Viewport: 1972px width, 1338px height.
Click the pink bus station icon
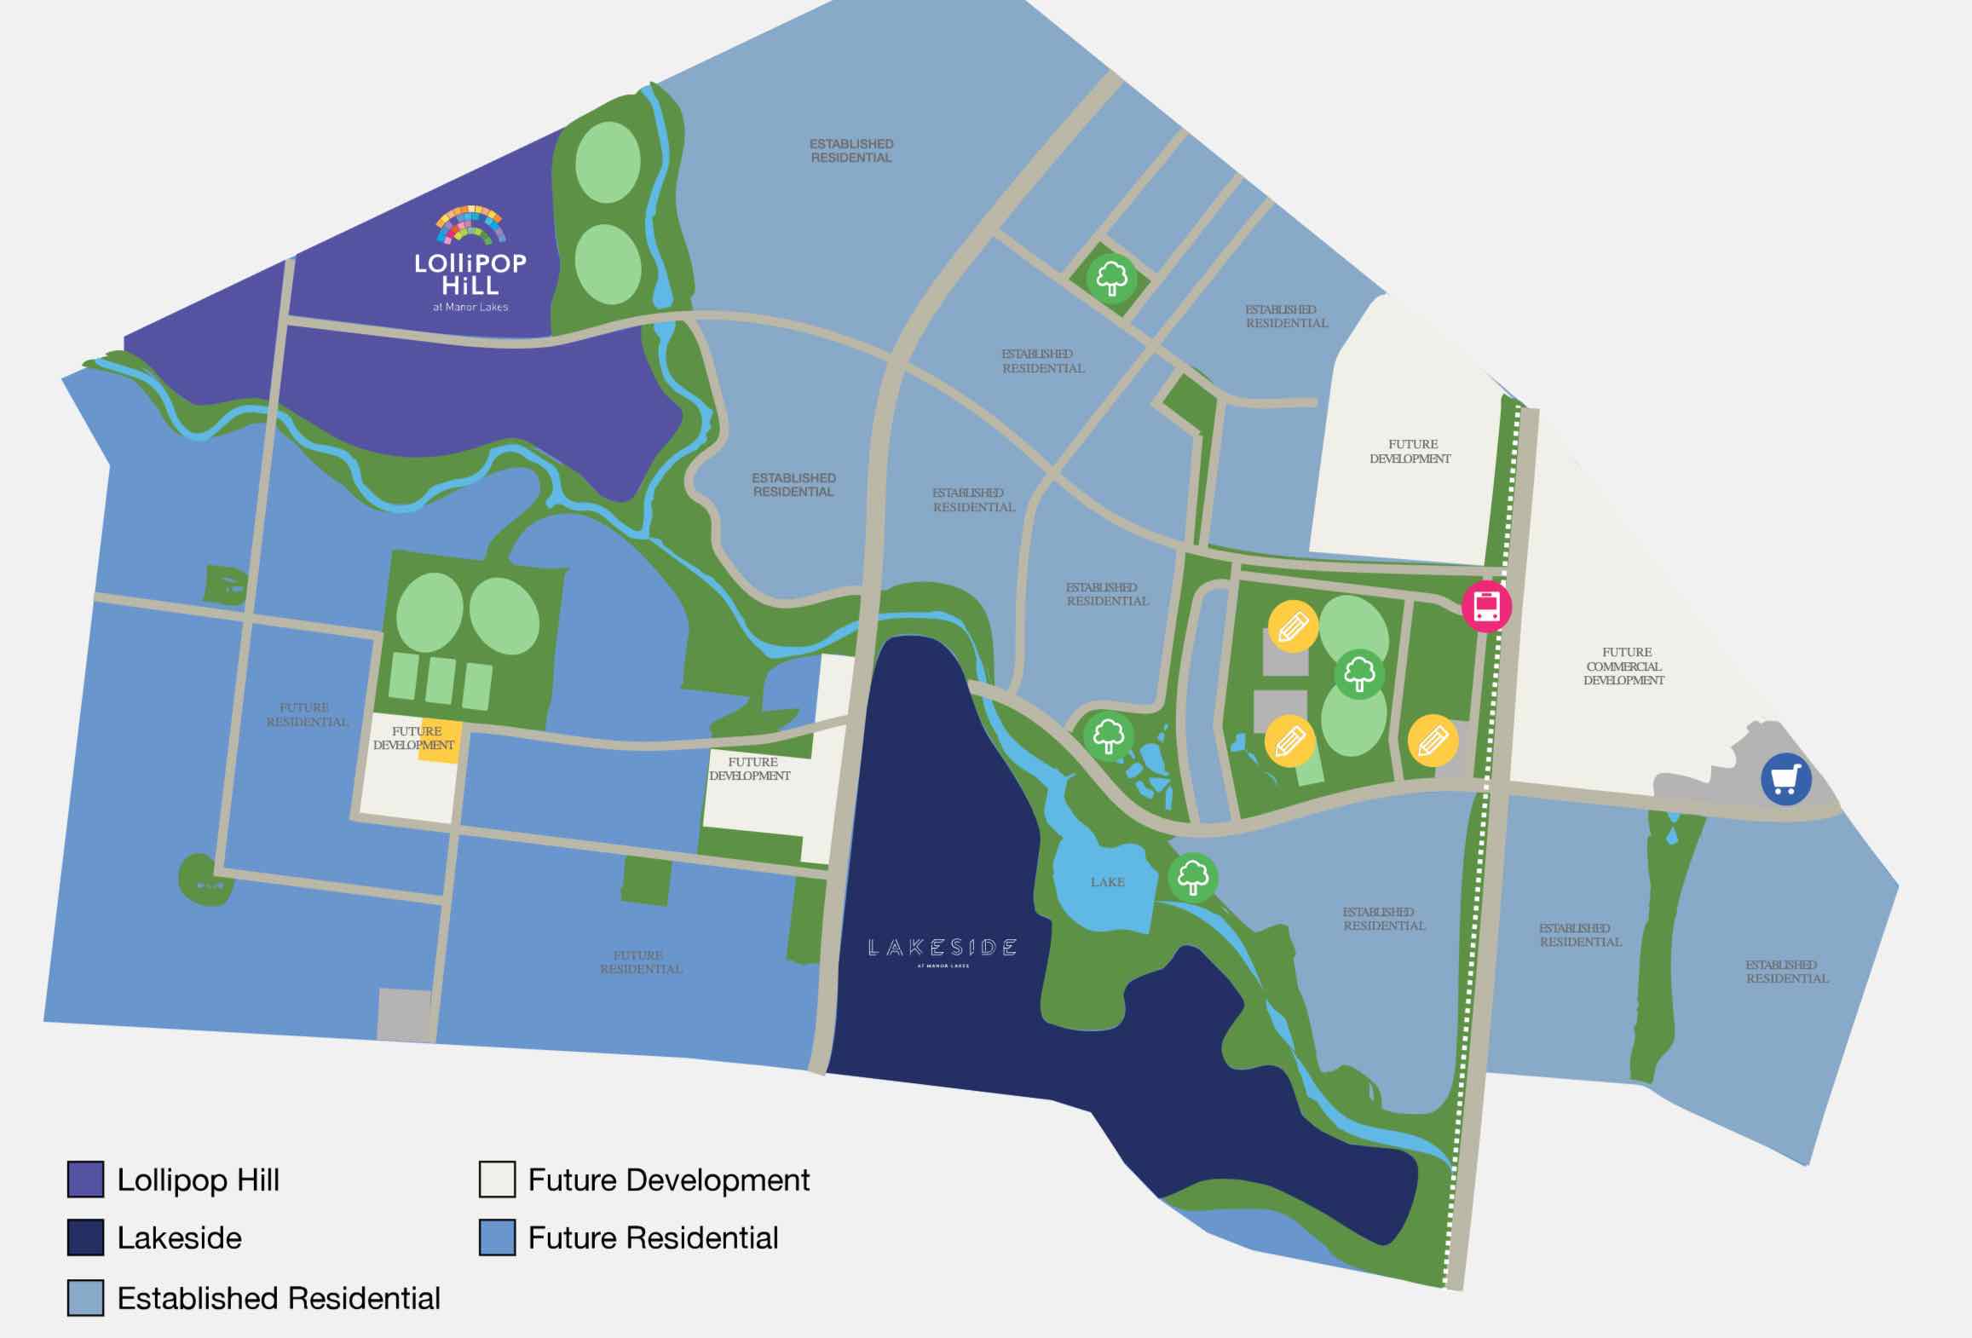pos(1486,606)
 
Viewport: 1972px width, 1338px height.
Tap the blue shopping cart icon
pos(1785,779)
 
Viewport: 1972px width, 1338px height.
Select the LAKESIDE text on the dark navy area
pos(942,948)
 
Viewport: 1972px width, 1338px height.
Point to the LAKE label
pos(1107,882)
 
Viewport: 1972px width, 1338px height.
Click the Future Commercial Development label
pos(1624,666)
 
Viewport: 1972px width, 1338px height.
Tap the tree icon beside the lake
pos(1192,876)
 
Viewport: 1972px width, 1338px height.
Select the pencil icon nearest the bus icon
pos(1293,627)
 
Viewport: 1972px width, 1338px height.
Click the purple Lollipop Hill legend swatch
pos(85,1179)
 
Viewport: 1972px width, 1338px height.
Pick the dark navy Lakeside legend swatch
pos(85,1237)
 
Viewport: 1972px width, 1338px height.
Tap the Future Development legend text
pos(668,1180)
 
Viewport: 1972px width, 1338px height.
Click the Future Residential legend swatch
pos(497,1237)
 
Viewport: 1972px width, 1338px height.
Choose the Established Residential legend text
pos(279,1298)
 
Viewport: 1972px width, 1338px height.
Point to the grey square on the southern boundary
pos(405,1014)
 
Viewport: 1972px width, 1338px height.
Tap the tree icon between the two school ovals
pos(1358,674)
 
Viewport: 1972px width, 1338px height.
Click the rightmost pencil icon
pos(1433,741)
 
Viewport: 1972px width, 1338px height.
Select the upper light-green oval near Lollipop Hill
pos(608,162)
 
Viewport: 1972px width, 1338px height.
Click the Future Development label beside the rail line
pos(1411,452)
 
